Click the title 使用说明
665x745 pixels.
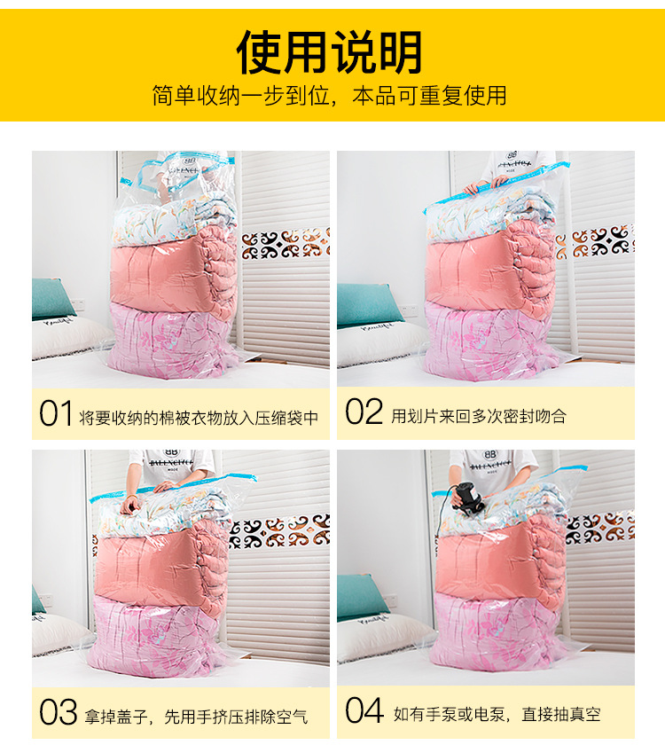[329, 51]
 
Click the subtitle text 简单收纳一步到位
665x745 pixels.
[246, 96]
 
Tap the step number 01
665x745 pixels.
[55, 413]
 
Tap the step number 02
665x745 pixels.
[364, 413]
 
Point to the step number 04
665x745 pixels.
[364, 712]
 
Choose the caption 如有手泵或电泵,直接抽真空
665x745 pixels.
[497, 713]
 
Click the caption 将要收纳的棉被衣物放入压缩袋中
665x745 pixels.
[199, 415]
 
